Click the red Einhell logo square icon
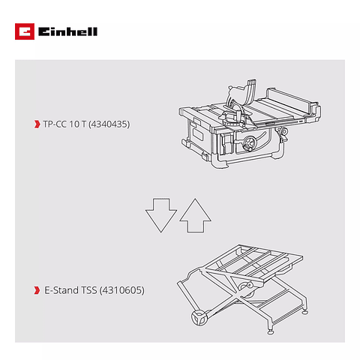(x=23, y=31)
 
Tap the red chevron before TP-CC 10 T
(x=37, y=123)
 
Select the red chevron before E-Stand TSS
(x=37, y=289)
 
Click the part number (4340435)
(x=109, y=123)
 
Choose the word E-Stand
(x=59, y=289)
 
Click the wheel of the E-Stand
(x=200, y=319)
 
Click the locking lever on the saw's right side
(x=284, y=134)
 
